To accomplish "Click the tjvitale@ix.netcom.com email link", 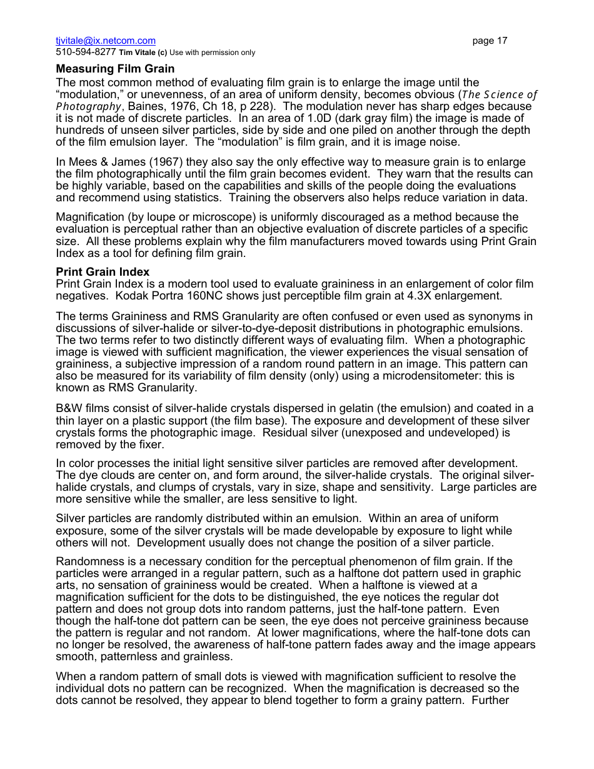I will point(106,41).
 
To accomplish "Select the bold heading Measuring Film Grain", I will point(115,69).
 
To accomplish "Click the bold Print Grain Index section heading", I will point(103,273).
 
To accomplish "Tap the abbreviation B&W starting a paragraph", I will point(69,409).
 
